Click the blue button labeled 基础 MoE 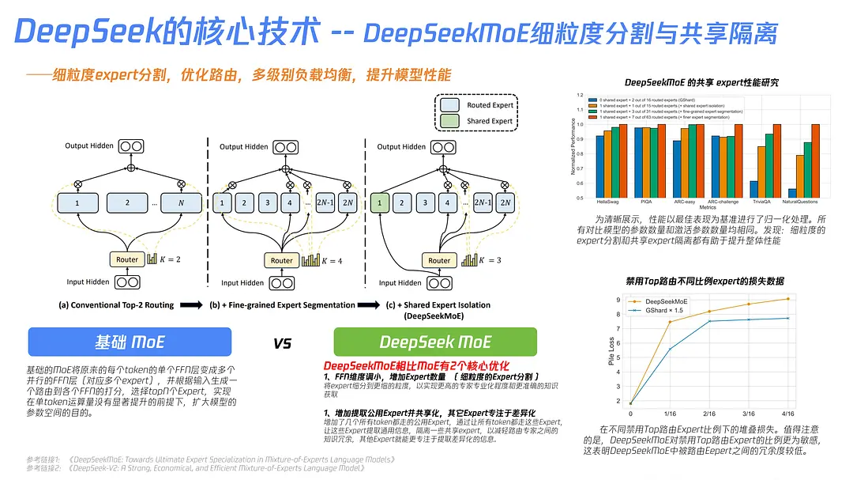[130, 342]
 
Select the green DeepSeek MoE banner [435, 342]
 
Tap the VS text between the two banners [282, 343]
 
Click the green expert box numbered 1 [380, 203]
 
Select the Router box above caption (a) [126, 259]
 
